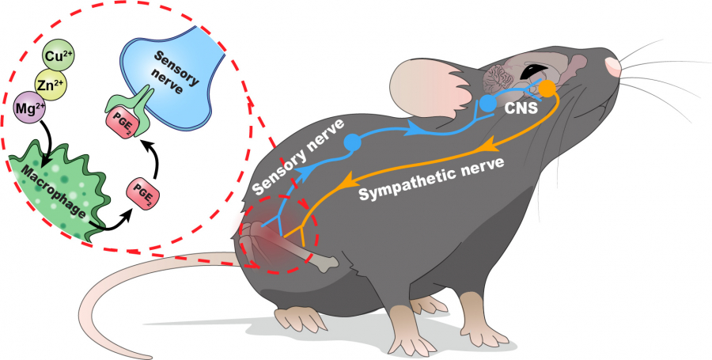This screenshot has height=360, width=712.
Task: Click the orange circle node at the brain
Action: pos(547,87)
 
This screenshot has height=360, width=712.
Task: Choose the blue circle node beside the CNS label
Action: pos(488,103)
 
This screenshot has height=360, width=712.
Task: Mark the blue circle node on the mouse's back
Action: pos(352,143)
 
